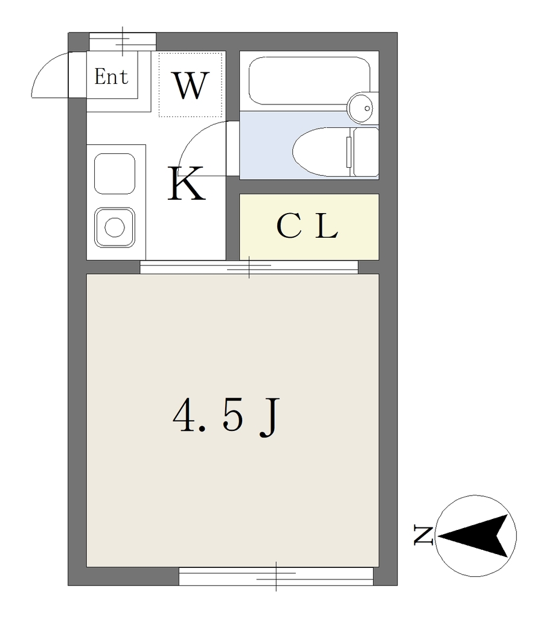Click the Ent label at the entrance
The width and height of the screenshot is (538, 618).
112,77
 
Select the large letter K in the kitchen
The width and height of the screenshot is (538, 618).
187,183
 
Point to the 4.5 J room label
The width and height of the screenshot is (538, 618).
227,417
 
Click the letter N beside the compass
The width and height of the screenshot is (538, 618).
423,535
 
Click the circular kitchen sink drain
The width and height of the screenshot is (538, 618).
114,228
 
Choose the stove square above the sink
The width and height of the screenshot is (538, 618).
114,174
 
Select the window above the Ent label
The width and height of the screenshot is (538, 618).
123,42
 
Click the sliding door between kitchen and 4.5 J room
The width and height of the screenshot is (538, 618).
249,267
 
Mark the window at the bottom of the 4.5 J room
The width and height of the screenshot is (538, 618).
276,576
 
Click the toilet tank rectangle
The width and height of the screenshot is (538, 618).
365,152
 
